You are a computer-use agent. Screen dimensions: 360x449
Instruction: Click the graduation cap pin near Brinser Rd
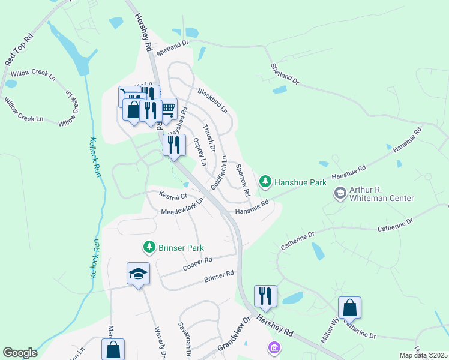tap(138, 274)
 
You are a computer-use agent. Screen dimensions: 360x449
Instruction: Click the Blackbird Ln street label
tap(212, 101)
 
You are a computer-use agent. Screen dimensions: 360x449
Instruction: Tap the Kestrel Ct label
tap(173, 196)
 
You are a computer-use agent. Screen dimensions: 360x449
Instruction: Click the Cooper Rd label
tap(197, 262)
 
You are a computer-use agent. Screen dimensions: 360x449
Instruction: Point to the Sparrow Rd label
tap(243, 181)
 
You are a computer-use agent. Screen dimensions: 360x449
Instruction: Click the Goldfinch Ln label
tap(220, 171)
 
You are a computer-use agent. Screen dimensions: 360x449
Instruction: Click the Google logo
tap(20, 353)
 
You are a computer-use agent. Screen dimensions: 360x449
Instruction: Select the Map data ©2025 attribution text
tap(423, 355)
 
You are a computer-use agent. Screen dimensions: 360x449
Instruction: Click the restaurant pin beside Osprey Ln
tap(174, 145)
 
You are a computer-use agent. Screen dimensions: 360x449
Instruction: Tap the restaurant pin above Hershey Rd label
tap(265, 296)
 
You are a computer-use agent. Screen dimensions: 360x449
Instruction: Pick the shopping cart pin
tap(167, 109)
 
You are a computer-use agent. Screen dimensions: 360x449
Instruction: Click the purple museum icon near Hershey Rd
tap(274, 347)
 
